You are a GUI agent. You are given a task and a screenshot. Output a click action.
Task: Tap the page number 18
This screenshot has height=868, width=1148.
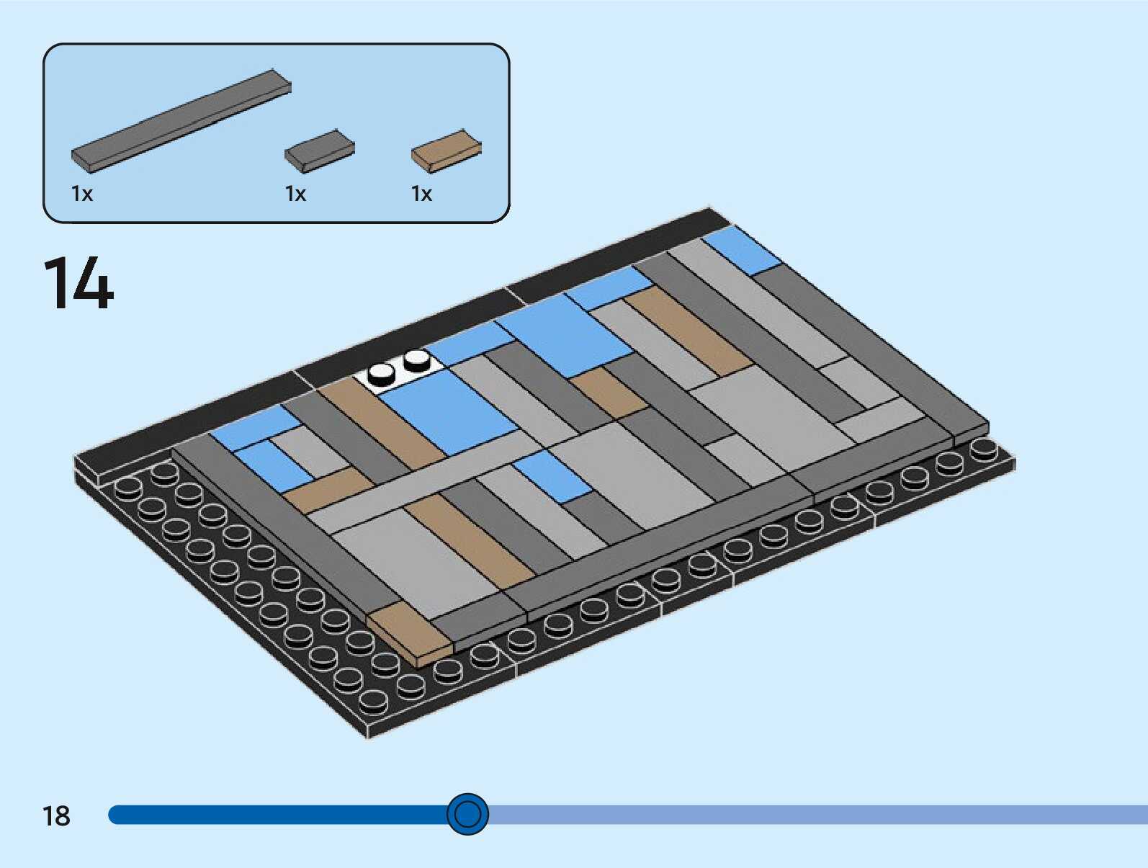tap(56, 816)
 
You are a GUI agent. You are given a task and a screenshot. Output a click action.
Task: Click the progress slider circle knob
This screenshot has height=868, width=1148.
tap(467, 815)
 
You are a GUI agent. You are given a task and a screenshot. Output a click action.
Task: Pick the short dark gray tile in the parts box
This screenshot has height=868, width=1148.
tap(319, 151)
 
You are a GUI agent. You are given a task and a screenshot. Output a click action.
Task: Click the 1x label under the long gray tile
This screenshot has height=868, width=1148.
tap(82, 194)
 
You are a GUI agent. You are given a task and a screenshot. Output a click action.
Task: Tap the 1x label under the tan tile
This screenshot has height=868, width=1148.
tap(421, 194)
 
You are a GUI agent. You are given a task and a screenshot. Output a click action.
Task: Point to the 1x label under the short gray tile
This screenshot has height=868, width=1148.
tap(295, 194)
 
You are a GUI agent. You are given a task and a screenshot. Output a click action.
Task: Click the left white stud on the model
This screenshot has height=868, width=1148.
tap(381, 372)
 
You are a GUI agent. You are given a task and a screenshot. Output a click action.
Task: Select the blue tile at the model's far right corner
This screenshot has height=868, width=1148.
tap(742, 250)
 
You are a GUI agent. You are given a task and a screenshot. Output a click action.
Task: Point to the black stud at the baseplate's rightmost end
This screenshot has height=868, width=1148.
tap(983, 448)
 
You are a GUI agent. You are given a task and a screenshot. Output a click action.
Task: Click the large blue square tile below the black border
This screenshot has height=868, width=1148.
tap(565, 335)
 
